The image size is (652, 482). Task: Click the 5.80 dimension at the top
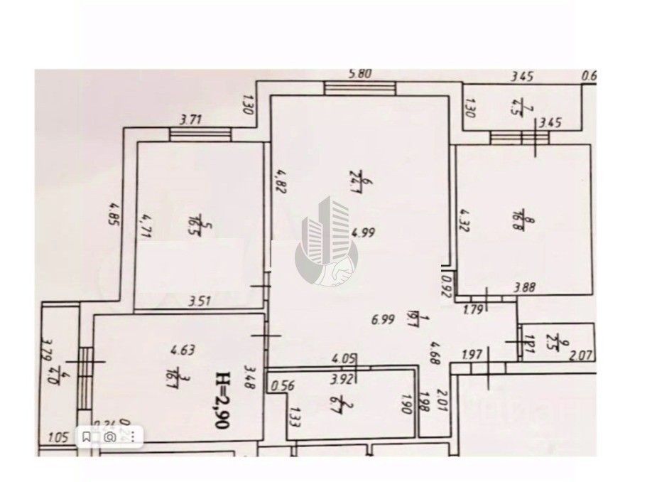point(360,74)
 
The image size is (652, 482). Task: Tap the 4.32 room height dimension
point(464,220)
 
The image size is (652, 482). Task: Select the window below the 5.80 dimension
point(360,87)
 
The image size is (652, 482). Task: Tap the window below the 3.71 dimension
point(200,133)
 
